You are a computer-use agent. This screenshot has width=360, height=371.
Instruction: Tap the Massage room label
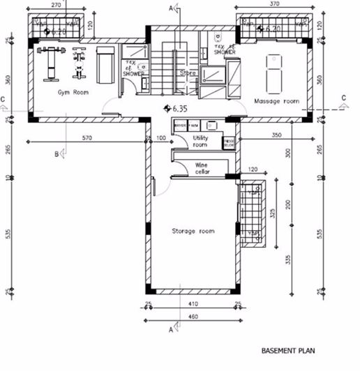(x=276, y=101)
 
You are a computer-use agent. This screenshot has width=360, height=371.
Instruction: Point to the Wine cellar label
(x=201, y=168)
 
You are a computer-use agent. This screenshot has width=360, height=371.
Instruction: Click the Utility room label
(x=201, y=142)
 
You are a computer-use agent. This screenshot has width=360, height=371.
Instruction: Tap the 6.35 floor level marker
(x=179, y=109)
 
